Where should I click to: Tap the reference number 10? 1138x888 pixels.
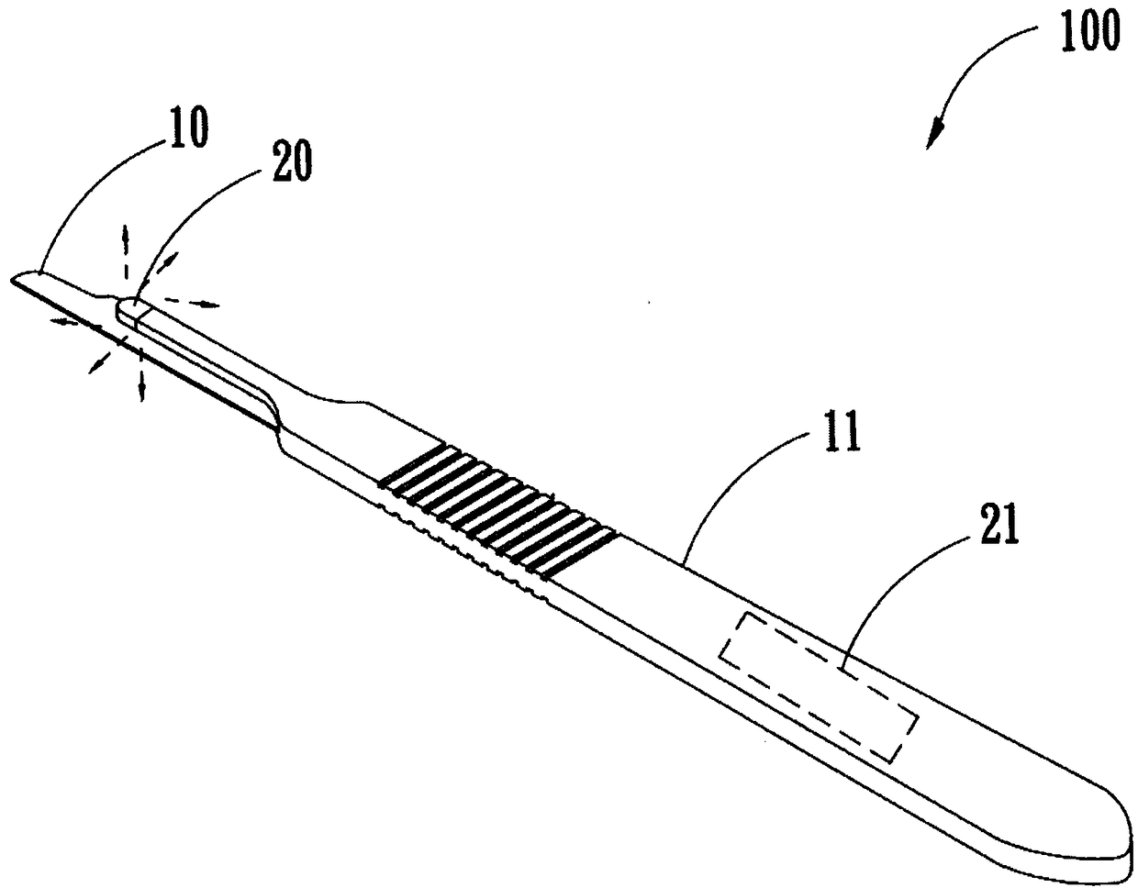186,129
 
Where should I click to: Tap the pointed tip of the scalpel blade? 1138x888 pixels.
17,278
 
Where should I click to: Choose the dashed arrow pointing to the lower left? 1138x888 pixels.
96,362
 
